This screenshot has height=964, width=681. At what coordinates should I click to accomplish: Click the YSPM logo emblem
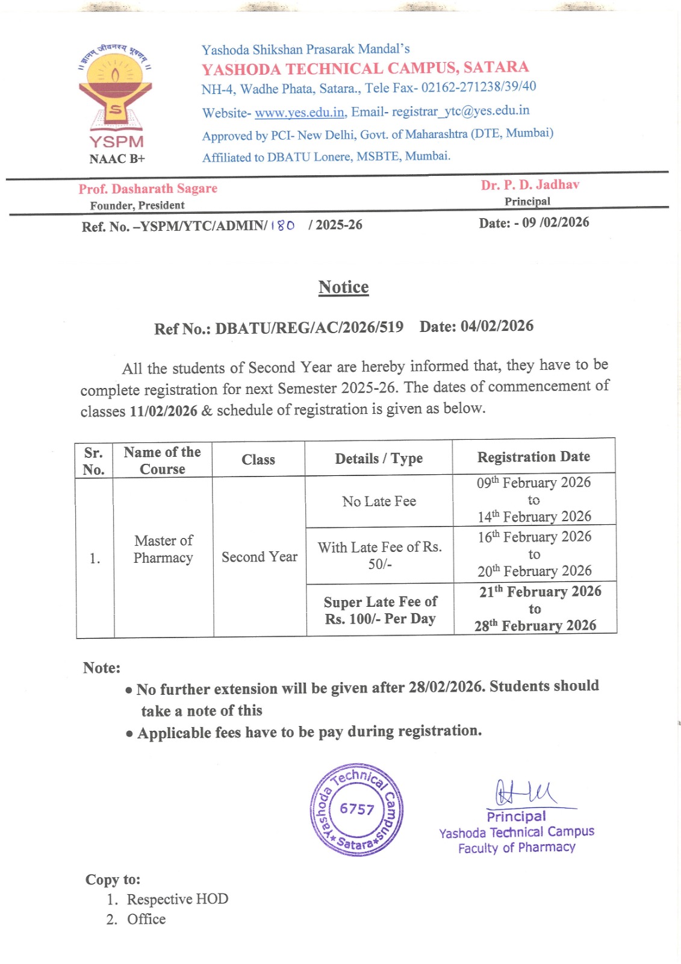[x=116, y=90]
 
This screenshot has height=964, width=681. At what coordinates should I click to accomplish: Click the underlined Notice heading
[x=343, y=287]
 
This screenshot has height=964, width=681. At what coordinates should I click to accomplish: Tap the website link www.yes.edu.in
[x=299, y=113]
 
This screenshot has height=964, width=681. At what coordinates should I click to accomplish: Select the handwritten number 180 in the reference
[x=282, y=225]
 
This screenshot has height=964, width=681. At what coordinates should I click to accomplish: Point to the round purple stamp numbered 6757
[x=357, y=809]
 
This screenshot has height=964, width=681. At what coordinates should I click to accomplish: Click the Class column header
[x=258, y=460]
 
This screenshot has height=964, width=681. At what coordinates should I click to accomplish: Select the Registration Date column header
[x=533, y=457]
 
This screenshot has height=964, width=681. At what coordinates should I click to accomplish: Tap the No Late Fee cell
[x=379, y=501]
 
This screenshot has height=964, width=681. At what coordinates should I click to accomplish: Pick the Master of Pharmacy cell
[x=163, y=549]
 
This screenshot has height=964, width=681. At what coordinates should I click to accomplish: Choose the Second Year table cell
[x=259, y=557]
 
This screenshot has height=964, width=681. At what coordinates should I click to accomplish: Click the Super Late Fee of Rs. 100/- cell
[x=380, y=610]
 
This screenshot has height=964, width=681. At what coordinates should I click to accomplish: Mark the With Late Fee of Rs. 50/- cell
[x=379, y=555]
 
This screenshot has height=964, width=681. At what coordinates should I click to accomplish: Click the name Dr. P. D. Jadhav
[x=530, y=185]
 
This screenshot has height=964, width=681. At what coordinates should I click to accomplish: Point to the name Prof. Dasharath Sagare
[x=148, y=189]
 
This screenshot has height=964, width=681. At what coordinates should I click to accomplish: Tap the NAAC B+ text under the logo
[x=117, y=159]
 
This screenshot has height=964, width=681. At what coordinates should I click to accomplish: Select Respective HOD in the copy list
[x=177, y=899]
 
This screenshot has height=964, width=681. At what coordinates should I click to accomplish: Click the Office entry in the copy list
[x=146, y=919]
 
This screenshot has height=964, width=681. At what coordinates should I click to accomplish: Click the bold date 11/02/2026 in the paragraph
[x=163, y=411]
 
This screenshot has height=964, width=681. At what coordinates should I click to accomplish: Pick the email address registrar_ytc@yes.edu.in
[x=461, y=111]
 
